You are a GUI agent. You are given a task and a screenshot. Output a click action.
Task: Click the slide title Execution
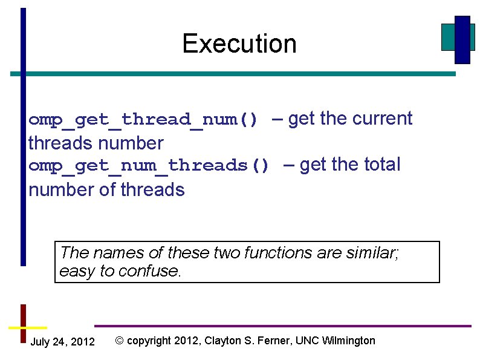tap(239, 44)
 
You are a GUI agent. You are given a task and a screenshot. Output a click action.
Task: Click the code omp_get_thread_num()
tap(143, 120)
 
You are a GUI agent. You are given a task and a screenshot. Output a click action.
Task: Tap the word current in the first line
tap(382, 119)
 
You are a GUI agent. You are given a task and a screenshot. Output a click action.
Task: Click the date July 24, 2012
tap(62, 342)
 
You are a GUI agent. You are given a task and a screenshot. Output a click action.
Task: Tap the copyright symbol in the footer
tap(120, 341)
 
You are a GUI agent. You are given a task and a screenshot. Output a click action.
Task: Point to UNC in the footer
tap(307, 341)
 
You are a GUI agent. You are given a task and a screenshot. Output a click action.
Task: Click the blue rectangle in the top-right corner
tap(462, 40)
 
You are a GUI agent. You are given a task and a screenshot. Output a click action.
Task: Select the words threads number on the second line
tap(96, 143)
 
